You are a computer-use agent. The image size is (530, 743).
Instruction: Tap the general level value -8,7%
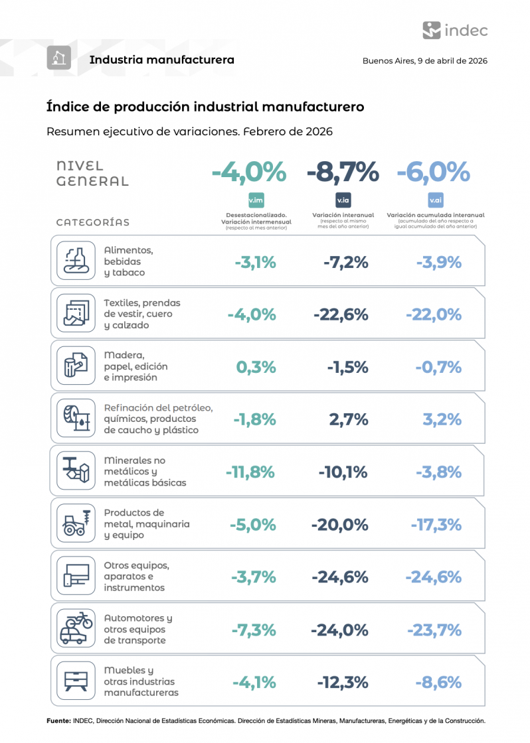[343, 172]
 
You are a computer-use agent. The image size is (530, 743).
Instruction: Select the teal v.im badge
[256, 200]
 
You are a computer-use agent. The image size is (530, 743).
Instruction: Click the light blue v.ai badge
[436, 200]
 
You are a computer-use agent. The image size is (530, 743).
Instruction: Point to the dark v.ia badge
[343, 200]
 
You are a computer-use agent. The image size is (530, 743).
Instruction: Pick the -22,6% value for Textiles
[341, 314]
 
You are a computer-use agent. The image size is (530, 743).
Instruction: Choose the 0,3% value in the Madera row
[256, 367]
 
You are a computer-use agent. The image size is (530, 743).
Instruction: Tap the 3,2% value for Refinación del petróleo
[442, 419]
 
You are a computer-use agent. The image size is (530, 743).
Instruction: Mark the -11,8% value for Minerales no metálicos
[250, 472]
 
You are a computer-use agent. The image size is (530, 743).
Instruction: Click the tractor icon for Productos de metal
[76, 523]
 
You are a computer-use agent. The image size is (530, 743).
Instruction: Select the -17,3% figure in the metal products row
[436, 525]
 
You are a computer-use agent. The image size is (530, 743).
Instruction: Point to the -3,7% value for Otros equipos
[253, 577]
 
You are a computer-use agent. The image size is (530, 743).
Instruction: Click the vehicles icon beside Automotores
[76, 628]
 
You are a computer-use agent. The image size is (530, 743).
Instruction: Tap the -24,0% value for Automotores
[340, 630]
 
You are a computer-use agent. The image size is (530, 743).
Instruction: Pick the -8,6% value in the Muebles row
[438, 682]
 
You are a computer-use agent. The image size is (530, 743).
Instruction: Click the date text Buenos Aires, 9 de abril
[424, 60]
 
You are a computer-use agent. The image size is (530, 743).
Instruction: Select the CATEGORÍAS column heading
[92, 222]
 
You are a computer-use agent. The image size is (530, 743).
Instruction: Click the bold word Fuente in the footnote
[58, 720]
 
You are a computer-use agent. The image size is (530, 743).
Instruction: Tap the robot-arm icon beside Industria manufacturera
[58, 58]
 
